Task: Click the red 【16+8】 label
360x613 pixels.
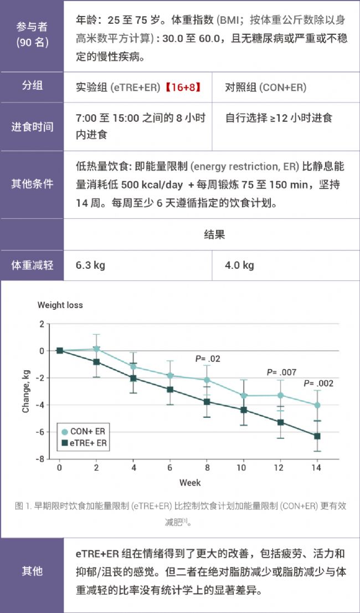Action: (x=182, y=87)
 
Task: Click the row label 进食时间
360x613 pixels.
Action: (x=32, y=126)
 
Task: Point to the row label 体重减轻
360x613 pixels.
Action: (x=32, y=265)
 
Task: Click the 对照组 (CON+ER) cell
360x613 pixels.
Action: (x=265, y=87)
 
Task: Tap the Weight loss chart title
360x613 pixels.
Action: (x=60, y=305)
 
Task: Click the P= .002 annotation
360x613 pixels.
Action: (x=318, y=384)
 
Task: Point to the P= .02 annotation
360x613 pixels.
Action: (x=208, y=359)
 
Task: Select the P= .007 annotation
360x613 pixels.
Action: (x=281, y=372)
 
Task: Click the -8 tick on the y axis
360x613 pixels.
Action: (x=40, y=459)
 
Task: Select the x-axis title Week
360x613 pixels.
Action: (x=190, y=483)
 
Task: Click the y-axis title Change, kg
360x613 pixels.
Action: (x=25, y=391)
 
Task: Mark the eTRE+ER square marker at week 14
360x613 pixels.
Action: (x=317, y=436)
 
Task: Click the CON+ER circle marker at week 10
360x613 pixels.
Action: (x=244, y=395)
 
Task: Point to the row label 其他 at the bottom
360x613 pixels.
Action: (x=32, y=571)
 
